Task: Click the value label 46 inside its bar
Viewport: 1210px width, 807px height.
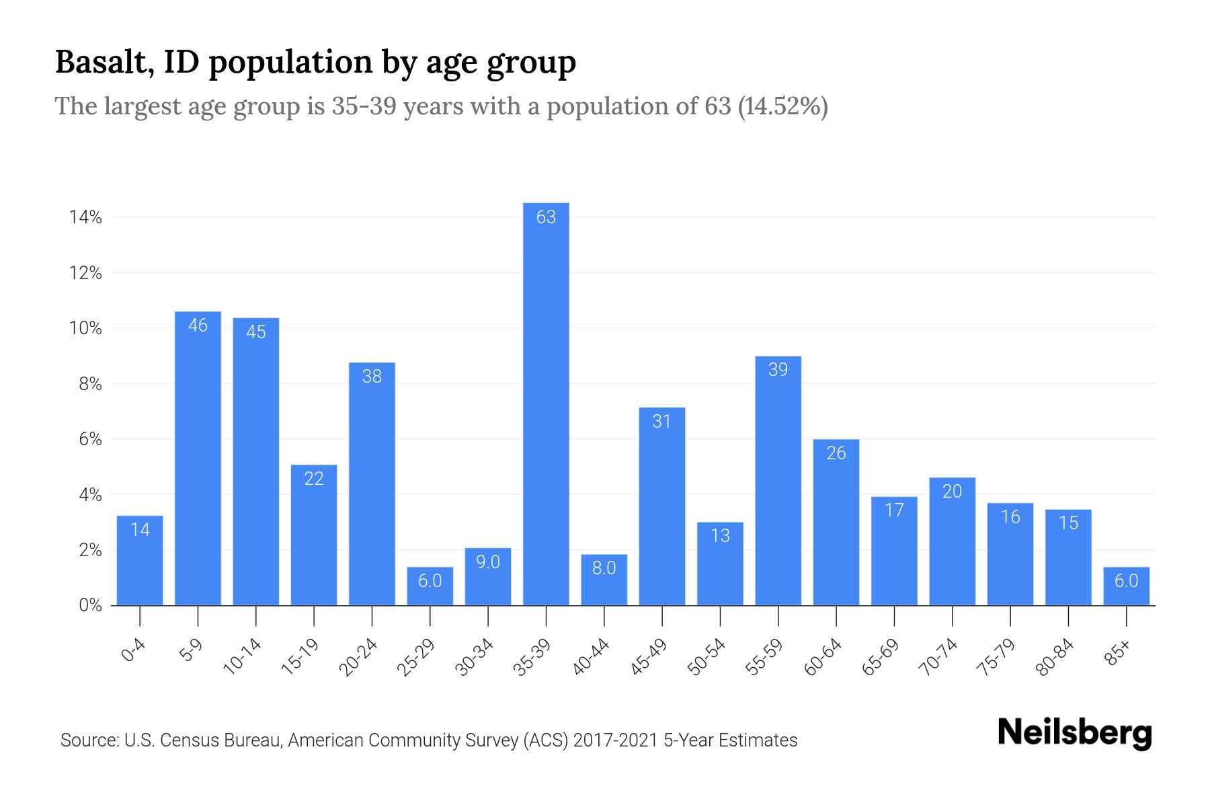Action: point(198,325)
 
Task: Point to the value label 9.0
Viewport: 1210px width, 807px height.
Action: point(488,562)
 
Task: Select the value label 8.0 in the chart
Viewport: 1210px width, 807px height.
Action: point(604,568)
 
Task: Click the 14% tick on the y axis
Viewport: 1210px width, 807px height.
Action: point(85,217)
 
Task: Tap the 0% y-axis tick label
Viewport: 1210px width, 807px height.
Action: point(90,605)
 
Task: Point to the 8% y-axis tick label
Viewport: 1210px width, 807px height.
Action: point(90,384)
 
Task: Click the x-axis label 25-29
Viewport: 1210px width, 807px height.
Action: point(416,657)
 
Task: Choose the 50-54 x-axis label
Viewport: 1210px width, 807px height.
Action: point(707,657)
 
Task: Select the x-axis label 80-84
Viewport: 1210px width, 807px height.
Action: point(1055,657)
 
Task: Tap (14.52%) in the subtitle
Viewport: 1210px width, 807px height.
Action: point(782,107)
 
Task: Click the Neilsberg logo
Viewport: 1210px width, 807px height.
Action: point(1074,733)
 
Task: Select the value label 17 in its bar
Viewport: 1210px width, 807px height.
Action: point(894,510)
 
